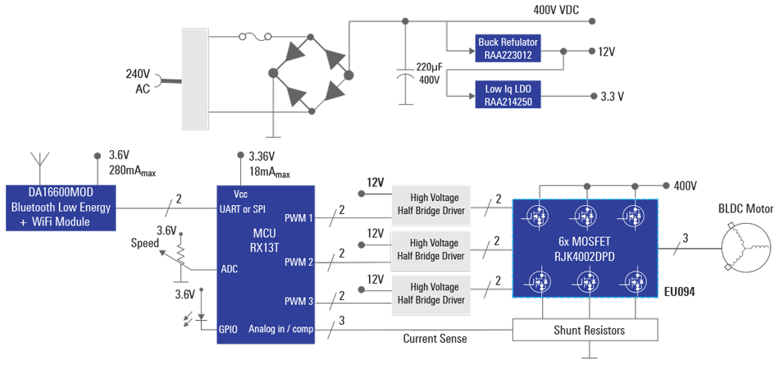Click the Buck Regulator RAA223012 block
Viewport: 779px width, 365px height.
click(x=508, y=49)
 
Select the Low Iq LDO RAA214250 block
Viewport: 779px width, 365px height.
click(x=508, y=95)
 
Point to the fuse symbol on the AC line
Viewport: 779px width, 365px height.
click(x=248, y=37)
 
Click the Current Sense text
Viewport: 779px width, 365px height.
click(x=435, y=338)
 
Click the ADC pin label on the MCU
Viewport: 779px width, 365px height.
click(x=229, y=268)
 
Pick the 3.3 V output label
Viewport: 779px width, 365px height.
click(x=612, y=96)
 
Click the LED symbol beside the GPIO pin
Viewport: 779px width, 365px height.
click(x=188, y=317)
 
